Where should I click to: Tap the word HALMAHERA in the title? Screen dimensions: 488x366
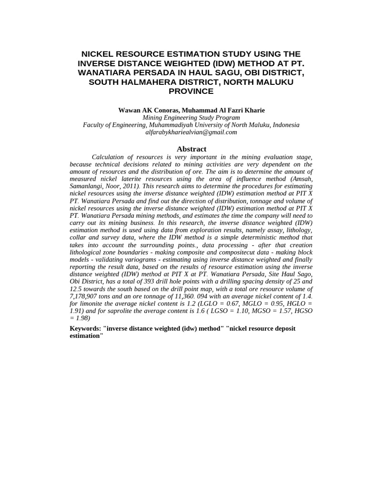159,81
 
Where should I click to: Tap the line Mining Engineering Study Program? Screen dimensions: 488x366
191,117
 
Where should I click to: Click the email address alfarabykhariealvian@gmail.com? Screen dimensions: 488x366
191,132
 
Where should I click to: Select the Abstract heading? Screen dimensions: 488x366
191,149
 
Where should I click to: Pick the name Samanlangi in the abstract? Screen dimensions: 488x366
89,186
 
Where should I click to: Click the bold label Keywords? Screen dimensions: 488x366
85,328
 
